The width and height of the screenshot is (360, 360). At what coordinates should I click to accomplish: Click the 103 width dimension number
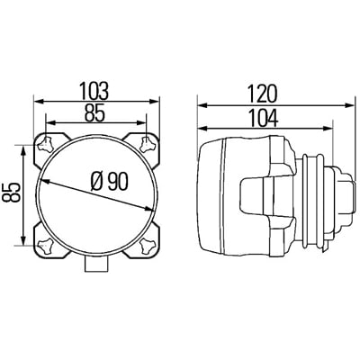pyautogui.click(x=94, y=91)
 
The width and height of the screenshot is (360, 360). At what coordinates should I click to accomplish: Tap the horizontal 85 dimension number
pyautogui.click(x=94, y=112)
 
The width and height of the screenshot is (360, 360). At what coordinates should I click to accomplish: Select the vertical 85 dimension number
pyautogui.click(x=11, y=192)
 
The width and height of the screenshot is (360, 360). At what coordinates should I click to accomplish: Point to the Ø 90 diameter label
pyautogui.click(x=110, y=182)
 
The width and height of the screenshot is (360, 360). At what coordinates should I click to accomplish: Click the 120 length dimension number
pyautogui.click(x=261, y=94)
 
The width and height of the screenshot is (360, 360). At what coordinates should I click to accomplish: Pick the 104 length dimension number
pyautogui.click(x=264, y=118)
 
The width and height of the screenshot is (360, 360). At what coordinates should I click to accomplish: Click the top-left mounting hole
pyautogui.click(x=45, y=144)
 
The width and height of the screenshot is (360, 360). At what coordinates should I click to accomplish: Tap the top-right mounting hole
pyautogui.click(x=147, y=143)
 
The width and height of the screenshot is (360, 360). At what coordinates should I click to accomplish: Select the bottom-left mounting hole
pyautogui.click(x=46, y=245)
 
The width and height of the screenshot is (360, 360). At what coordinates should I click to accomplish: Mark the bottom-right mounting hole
pyautogui.click(x=148, y=245)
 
